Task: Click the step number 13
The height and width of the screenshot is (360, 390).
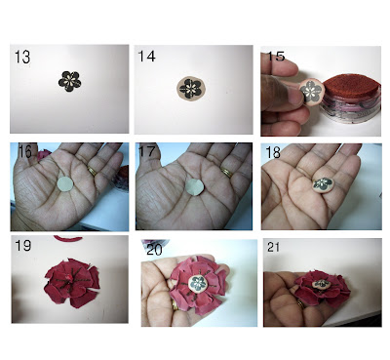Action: [x=22, y=57]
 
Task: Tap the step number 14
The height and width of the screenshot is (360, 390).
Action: [x=147, y=57]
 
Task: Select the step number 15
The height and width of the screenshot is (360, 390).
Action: [x=276, y=56]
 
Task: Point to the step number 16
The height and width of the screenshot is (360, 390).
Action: [x=25, y=151]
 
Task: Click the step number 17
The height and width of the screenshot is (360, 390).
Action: [x=147, y=151]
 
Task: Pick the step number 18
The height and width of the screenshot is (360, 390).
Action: [x=273, y=152]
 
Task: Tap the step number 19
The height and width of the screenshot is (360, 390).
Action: [x=23, y=246]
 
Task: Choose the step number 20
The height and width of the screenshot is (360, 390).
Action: [x=155, y=250]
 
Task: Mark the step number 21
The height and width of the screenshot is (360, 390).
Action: [x=274, y=247]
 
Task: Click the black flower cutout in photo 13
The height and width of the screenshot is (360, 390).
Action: [x=69, y=81]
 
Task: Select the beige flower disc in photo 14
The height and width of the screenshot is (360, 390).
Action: [x=191, y=89]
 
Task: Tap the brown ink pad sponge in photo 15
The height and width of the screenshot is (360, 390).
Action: [x=350, y=86]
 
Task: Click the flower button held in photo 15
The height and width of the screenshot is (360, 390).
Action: [x=311, y=91]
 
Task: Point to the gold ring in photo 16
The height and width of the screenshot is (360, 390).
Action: [x=93, y=171]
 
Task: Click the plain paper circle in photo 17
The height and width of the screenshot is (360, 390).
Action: [x=195, y=187]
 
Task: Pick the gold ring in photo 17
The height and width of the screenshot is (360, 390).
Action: [x=227, y=172]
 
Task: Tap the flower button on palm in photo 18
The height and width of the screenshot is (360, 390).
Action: [x=323, y=184]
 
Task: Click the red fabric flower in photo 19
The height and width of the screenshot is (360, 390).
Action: [x=71, y=283]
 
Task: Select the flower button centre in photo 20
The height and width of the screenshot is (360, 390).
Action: [x=198, y=283]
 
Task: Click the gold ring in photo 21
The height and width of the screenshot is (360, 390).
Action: [x=301, y=304]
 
